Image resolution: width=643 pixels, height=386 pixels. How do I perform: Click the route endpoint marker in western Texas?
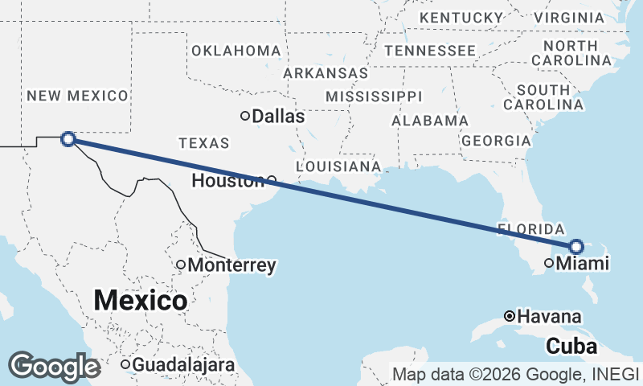click(x=69, y=139)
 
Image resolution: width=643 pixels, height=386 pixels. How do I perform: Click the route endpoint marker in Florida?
click(x=576, y=246)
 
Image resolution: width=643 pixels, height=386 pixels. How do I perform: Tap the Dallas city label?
click(x=278, y=117)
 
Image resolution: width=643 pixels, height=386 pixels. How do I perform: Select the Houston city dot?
click(x=272, y=180)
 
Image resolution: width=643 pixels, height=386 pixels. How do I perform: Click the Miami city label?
click(x=583, y=263)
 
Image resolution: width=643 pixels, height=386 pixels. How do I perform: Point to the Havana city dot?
click(x=510, y=316)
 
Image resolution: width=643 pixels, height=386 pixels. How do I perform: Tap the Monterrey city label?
click(x=232, y=265)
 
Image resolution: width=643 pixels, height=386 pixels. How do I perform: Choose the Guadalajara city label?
click(x=183, y=365)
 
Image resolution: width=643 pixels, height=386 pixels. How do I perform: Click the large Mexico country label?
click(x=141, y=301)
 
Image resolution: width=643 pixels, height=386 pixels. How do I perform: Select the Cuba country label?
click(x=571, y=347)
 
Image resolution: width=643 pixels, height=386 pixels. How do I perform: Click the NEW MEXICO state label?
click(x=77, y=96)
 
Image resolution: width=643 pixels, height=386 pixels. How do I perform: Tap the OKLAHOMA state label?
click(x=235, y=51)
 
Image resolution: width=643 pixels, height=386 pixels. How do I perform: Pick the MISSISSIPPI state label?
click(x=373, y=96)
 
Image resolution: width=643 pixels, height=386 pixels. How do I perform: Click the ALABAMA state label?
click(x=429, y=121)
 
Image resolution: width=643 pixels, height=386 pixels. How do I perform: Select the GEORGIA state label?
click(x=496, y=141)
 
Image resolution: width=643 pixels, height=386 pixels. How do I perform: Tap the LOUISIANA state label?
click(x=338, y=166)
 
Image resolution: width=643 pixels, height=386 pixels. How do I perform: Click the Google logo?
click(x=55, y=367)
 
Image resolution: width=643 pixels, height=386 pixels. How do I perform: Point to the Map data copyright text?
click(x=514, y=374)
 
